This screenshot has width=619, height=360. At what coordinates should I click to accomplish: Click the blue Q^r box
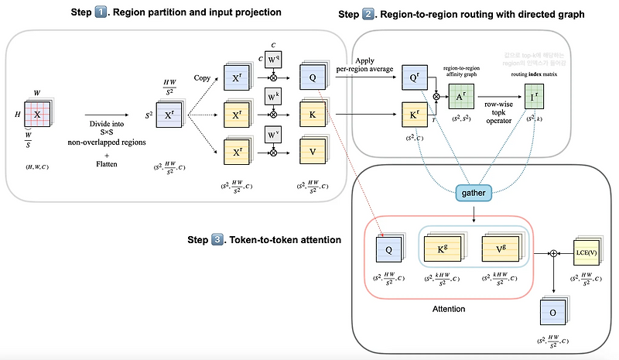[x=412, y=78]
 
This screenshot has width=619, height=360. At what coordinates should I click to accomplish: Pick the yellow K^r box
[x=412, y=119]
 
